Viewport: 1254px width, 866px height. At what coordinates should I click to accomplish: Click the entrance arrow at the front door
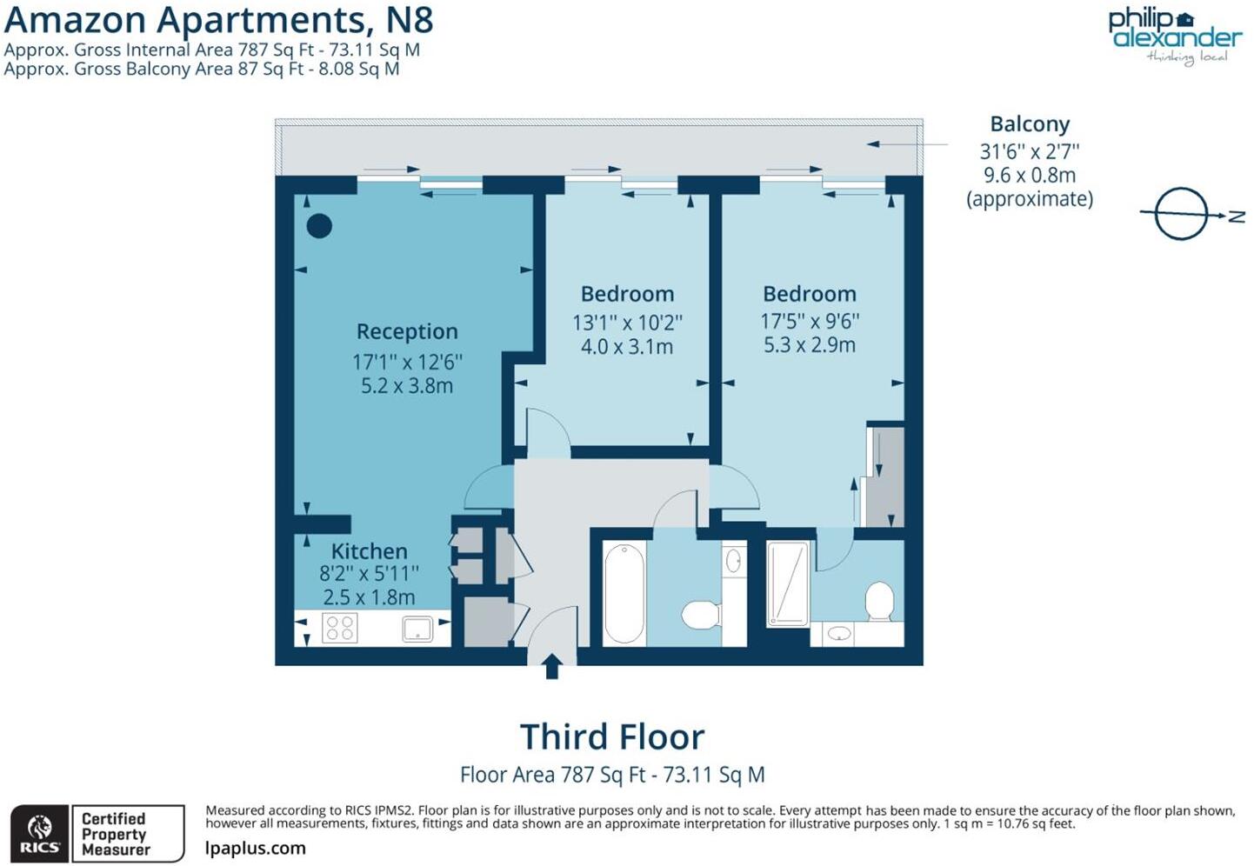pyautogui.click(x=551, y=666)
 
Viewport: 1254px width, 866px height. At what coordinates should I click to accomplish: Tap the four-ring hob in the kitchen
pyautogui.click(x=339, y=628)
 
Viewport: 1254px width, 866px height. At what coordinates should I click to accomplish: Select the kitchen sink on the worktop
pyautogui.click(x=417, y=629)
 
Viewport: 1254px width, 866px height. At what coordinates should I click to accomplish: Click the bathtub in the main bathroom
pyautogui.click(x=624, y=593)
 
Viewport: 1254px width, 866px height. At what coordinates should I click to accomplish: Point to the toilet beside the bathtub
pyautogui.click(x=700, y=614)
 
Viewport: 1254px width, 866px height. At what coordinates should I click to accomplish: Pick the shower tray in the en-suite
pyautogui.click(x=788, y=583)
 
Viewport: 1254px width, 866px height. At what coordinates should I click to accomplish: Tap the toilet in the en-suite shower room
pyautogui.click(x=880, y=601)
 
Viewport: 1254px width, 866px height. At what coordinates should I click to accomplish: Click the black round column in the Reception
pyautogui.click(x=319, y=226)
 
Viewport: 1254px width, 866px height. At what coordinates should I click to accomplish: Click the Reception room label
pyautogui.click(x=407, y=331)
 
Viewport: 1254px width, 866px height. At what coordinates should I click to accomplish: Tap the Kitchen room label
pyautogui.click(x=369, y=551)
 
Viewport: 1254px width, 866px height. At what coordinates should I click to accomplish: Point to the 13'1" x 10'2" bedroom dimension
pyautogui.click(x=627, y=323)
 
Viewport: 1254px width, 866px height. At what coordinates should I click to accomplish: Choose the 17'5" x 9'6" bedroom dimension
pyautogui.click(x=810, y=321)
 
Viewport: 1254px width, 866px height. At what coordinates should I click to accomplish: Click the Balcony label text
pyautogui.click(x=1030, y=124)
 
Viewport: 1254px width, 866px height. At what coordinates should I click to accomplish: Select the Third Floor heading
pyautogui.click(x=612, y=736)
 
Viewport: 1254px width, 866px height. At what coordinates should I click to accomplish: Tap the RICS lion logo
pyautogui.click(x=39, y=834)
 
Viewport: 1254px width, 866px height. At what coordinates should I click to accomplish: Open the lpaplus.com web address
pyautogui.click(x=256, y=848)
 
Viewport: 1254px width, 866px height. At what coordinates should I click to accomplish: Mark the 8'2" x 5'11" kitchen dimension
pyautogui.click(x=369, y=574)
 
